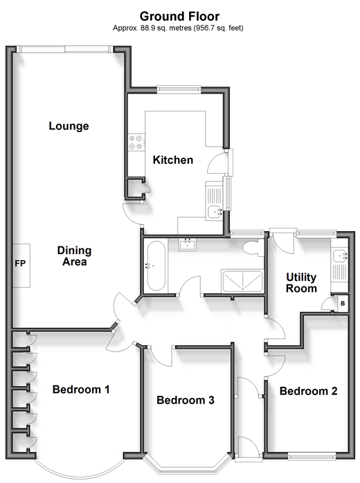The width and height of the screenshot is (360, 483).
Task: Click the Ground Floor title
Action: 180,16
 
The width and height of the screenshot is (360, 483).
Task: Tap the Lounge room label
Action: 69,126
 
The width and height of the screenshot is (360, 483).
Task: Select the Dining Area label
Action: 74,256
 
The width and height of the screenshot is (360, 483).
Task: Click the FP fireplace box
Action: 21,266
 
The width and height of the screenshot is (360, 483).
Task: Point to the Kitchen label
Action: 173,160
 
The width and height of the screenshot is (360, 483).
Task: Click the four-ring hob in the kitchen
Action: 136,143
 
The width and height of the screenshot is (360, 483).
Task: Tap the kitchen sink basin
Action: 215,212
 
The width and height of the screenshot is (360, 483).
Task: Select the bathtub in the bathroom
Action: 156,266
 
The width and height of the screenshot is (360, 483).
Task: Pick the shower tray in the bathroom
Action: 242,281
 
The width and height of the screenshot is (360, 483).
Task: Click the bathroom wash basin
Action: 188,244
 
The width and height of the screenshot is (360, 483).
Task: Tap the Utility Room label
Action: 301,283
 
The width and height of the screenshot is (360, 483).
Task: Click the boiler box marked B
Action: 343,303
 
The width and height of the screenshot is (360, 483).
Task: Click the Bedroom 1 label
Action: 81,390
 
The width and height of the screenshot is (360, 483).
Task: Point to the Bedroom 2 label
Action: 308,391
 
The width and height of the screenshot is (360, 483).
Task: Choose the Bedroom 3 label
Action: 186,400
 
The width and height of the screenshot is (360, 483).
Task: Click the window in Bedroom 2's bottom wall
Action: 312,456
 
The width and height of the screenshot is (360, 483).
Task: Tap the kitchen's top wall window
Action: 179,90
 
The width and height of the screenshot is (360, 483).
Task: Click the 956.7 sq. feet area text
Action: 218,28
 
